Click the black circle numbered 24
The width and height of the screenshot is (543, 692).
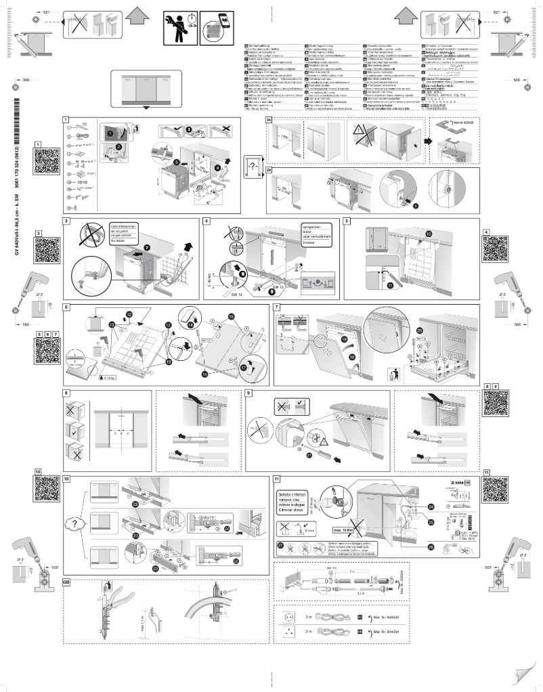click(431, 506)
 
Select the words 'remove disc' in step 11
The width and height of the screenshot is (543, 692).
click(290, 500)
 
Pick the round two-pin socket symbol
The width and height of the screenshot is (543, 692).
click(290, 618)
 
